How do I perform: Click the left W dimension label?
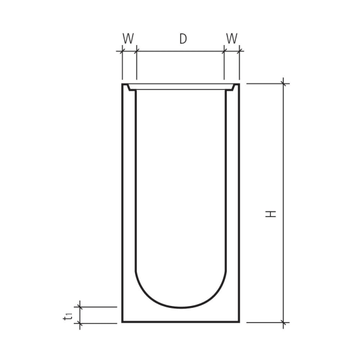[128, 38]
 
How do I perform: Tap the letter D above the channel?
[183, 38]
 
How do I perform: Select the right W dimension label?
[232, 38]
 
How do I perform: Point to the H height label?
[272, 213]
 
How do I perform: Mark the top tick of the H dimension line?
[284, 83]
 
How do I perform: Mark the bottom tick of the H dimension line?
[284, 322]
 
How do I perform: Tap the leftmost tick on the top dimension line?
[122, 52]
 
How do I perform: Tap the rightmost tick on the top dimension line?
[239, 52]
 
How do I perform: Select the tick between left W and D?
[137, 52]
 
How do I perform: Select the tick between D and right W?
[224, 52]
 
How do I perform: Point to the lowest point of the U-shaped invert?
[181, 307]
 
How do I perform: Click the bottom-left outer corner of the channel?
[122, 322]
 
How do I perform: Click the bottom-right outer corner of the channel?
[239, 322]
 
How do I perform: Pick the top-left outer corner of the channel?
[122, 84]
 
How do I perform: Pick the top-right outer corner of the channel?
[239, 84]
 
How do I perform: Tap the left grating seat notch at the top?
[130, 88]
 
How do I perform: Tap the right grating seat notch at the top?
[231, 88]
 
